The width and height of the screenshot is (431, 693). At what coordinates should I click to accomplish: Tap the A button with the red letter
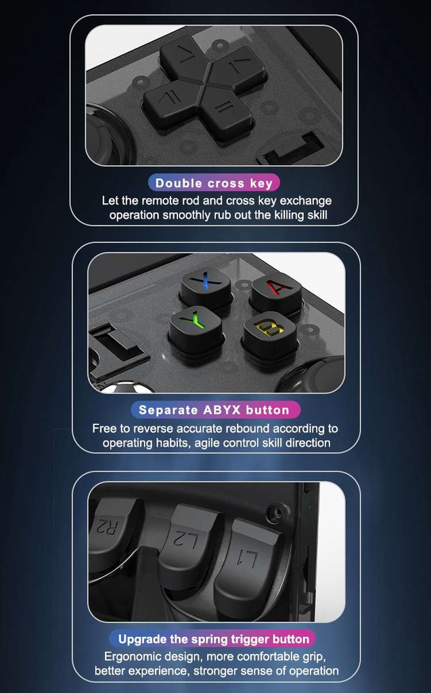click(277, 291)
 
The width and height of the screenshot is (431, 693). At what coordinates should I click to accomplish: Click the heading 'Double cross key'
click(214, 183)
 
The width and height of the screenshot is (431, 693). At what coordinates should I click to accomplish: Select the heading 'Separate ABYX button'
click(214, 409)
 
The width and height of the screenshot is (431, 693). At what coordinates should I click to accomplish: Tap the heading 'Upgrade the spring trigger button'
click(214, 639)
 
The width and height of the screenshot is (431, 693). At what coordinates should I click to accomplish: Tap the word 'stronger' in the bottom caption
click(214, 671)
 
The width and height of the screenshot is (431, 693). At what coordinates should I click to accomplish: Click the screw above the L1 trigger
click(276, 513)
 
